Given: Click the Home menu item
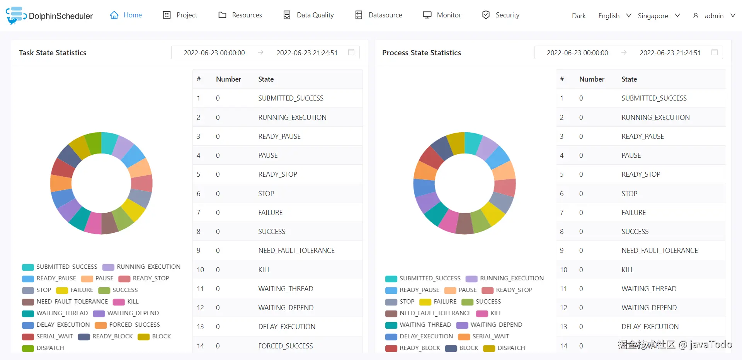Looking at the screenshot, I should point(126,15).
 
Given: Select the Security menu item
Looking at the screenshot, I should point(501,15).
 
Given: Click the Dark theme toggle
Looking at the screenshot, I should point(579,16).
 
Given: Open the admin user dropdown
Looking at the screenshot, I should point(715,16).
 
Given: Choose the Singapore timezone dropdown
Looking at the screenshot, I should point(659,16).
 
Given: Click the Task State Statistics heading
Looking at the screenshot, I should point(53,53).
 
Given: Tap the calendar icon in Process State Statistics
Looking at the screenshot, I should point(715,52).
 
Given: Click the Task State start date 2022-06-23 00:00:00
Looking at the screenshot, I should point(214,53).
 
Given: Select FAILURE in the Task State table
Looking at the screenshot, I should point(271,212).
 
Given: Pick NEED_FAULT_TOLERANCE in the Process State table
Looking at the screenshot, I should point(659,251).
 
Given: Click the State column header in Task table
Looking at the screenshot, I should point(266,79).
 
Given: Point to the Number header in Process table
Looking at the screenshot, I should point(592,79).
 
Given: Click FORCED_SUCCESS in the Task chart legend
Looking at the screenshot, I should point(134,325).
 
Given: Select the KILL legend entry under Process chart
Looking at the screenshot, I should point(496,313).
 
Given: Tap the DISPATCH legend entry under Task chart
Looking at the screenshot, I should point(50,348).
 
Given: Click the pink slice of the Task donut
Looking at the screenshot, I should point(93,224).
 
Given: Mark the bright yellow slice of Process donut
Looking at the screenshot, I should point(493,213).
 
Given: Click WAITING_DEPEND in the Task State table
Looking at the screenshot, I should point(286,308).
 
